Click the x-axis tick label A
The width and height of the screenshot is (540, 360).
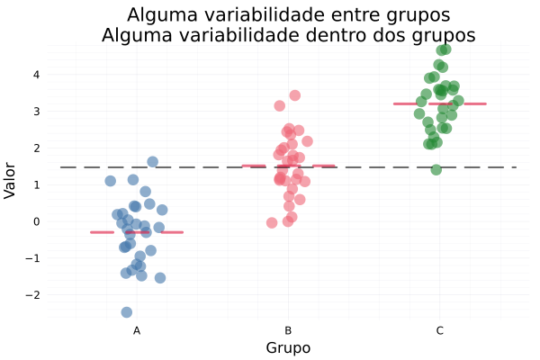tap(137, 331)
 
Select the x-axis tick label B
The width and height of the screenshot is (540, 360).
tap(288, 331)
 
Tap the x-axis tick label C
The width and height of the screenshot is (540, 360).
tap(439, 331)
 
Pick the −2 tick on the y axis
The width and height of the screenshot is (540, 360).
tap(37, 295)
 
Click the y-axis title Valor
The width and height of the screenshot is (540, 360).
tap(11, 180)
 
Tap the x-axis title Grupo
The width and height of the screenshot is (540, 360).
tap(288, 348)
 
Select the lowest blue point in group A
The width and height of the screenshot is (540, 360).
tap(127, 312)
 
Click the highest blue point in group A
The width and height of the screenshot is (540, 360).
tap(153, 162)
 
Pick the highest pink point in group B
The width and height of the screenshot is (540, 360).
tap(295, 95)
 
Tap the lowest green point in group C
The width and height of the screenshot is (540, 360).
tap(436, 170)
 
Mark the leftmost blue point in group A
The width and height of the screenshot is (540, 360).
tap(111, 181)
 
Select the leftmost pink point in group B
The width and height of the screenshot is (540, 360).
tap(272, 222)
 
